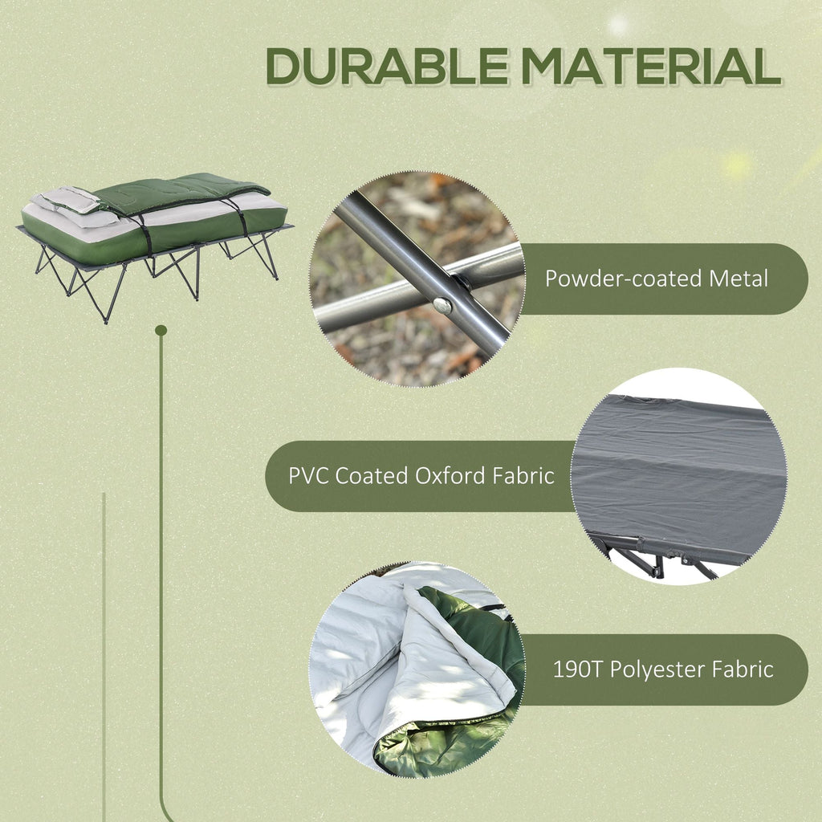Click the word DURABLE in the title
point(387,67)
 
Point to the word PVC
point(308,475)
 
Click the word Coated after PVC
point(372,475)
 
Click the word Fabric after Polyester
point(744,669)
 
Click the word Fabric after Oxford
point(523,475)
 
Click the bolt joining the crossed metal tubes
point(441,304)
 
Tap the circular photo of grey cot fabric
point(678,476)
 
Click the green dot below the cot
point(161,330)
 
